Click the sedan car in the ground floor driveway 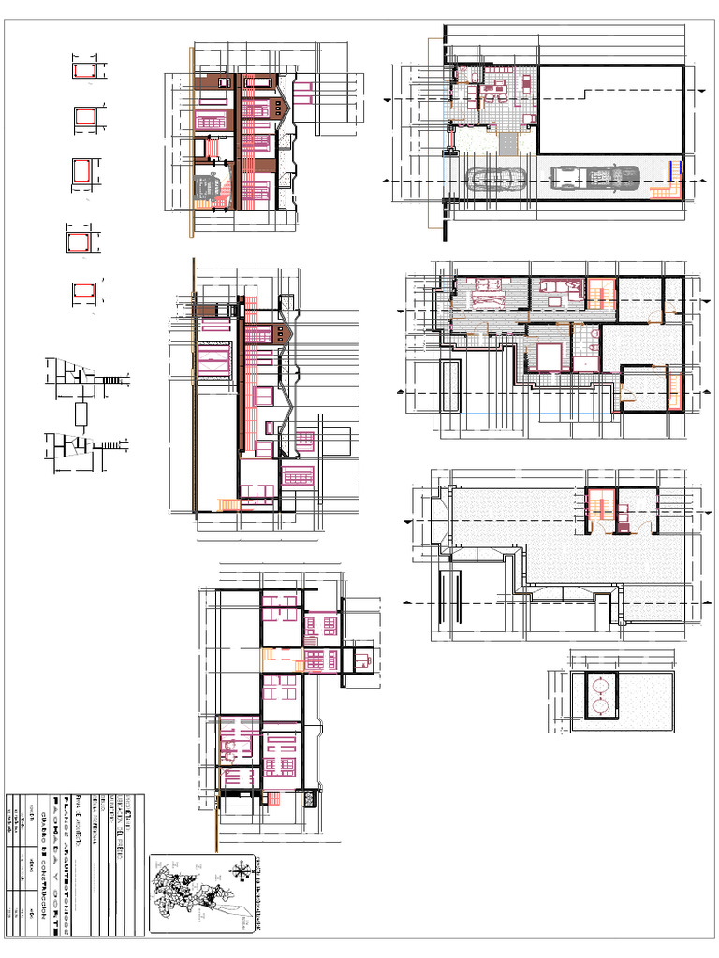click(494, 179)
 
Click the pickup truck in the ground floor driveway click(594, 177)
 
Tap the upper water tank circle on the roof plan click(599, 683)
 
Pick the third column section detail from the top click(84, 173)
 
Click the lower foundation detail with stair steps click(82, 445)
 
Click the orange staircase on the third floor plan click(597, 510)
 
